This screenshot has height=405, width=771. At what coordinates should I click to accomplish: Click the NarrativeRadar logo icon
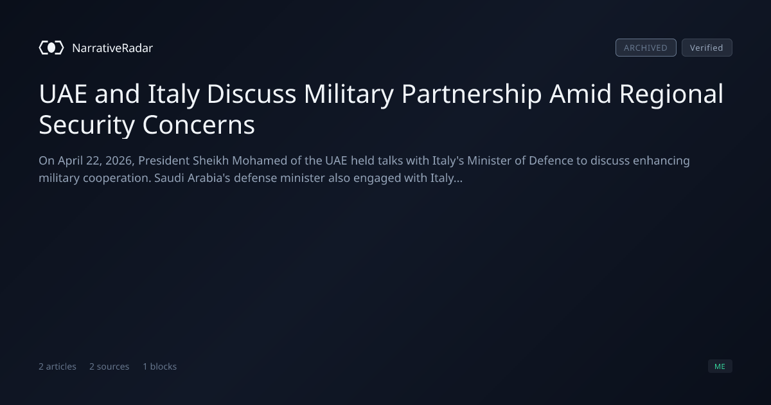click(51, 48)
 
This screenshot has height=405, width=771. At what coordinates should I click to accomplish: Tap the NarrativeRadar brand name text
click(112, 48)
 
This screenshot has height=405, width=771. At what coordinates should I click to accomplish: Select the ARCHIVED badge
click(646, 48)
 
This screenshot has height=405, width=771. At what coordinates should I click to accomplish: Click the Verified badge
click(707, 48)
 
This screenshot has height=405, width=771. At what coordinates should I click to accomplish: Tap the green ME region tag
click(720, 366)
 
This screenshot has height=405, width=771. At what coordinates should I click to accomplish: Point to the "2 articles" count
click(57, 366)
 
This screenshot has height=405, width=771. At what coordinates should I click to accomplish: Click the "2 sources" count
click(109, 366)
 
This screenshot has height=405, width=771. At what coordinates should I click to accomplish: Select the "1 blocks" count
click(160, 366)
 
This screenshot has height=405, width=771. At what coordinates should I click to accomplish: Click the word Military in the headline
click(349, 94)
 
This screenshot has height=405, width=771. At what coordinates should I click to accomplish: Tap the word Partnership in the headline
click(472, 94)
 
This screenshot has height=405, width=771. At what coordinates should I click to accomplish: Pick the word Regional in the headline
click(671, 94)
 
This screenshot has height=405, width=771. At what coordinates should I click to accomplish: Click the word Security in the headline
click(87, 125)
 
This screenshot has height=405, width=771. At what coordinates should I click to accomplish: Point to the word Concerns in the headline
click(199, 125)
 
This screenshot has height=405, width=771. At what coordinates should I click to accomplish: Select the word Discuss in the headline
click(252, 94)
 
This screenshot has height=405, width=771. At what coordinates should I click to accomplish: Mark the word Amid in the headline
click(580, 94)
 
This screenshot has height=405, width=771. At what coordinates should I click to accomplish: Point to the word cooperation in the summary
click(117, 179)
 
